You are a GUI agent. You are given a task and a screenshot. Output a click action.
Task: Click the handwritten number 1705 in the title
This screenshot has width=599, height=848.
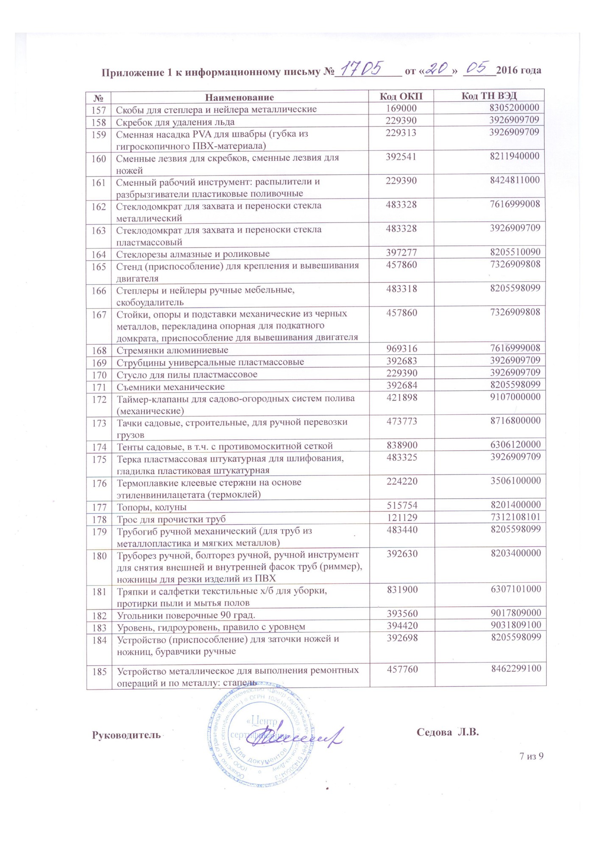[364, 68]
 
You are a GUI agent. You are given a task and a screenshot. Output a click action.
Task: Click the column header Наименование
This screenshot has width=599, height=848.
[240, 98]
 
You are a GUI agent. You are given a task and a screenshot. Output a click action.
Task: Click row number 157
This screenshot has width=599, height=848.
[99, 109]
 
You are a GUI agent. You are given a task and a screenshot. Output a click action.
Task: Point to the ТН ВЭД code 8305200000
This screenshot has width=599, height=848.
[514, 108]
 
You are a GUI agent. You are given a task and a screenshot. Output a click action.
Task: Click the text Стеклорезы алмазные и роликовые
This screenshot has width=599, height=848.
[193, 254]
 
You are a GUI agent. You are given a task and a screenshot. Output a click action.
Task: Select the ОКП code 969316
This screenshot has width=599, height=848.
[401, 349]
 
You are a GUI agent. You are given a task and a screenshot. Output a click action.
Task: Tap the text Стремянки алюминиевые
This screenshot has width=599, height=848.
[172, 350]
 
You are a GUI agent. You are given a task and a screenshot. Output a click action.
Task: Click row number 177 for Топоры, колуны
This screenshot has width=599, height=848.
[99, 507]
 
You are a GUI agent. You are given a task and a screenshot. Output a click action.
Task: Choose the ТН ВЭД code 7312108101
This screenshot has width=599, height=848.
[515, 517]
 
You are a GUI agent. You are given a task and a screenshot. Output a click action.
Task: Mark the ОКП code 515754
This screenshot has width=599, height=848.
[402, 505]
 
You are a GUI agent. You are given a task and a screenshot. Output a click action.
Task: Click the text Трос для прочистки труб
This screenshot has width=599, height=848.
[171, 519]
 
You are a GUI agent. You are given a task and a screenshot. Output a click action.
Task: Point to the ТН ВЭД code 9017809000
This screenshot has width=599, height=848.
[515, 613]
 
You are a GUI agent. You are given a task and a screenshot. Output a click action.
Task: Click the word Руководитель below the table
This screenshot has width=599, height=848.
[126, 735]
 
